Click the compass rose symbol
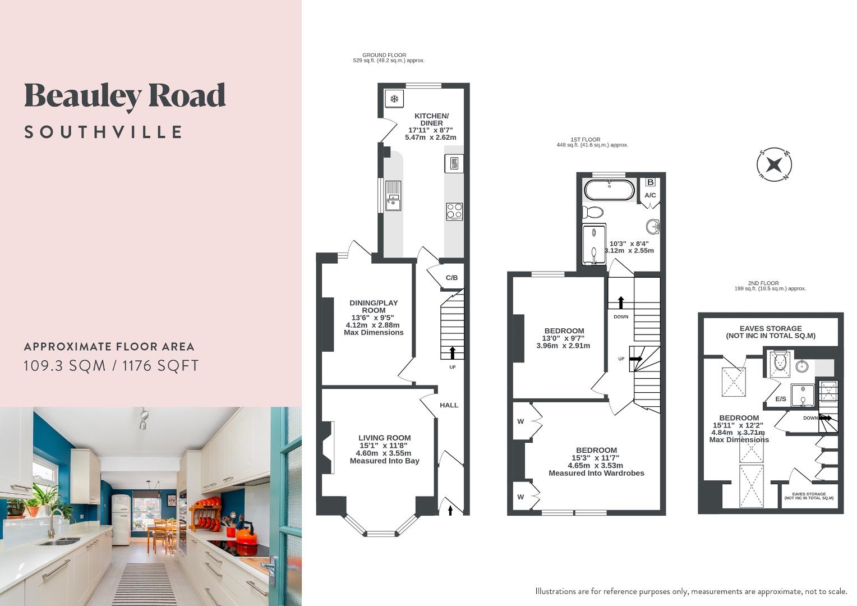pos(774,165)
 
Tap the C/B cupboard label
pos(451,278)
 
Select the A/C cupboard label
pos(650,195)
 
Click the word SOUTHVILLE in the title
pos(104,132)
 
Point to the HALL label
pos(449,405)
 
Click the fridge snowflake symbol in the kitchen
pos(395,100)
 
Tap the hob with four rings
pos(454,211)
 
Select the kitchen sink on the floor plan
pos(393,195)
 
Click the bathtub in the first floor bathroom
pos(609,190)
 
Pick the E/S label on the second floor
pos(780,399)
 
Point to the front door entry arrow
pos(450,509)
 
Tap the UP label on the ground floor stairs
pos(452,367)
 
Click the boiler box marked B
pos(651,182)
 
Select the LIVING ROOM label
pos(384,438)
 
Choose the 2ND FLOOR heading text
pos(763,283)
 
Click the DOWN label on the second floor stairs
pos(810,418)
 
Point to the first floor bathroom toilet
pos(592,212)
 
